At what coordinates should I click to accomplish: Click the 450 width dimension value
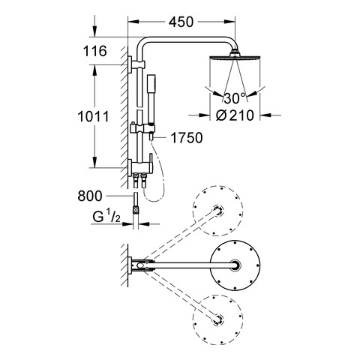pos(181,22)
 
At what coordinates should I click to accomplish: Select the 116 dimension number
pos(94,51)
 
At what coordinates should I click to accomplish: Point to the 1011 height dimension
pos(93,116)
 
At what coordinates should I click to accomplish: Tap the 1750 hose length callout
pos(187,138)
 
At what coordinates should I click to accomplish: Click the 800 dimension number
pos(90,196)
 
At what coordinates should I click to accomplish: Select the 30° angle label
pos(235,98)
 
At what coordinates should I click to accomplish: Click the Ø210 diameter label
pos(235,115)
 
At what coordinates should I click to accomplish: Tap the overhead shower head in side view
pos(235,56)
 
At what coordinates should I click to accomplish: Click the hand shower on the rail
pos(151,100)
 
